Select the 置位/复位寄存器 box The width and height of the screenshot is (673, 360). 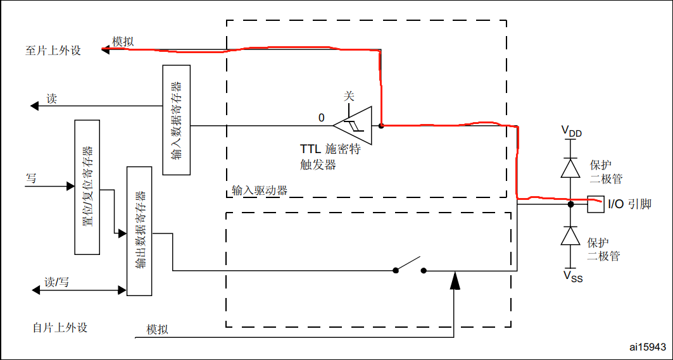pyautogui.click(x=87, y=187)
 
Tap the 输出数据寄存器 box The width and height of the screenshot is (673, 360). pyautogui.click(x=140, y=231)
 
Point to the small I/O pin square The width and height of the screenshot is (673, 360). pyautogui.click(x=595, y=204)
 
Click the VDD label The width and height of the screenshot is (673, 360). pyautogui.click(x=571, y=132)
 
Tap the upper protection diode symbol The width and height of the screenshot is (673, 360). pyautogui.click(x=571, y=168)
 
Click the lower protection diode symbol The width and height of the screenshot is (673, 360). pyautogui.click(x=571, y=236)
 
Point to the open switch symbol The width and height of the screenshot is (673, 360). pyautogui.click(x=410, y=264)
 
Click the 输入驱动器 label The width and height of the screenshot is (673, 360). pyautogui.click(x=260, y=190)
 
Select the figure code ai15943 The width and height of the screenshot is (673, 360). pyautogui.click(x=647, y=347)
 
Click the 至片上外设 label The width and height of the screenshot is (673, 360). pyautogui.click(x=53, y=51)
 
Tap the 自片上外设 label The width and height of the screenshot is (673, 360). pyautogui.click(x=60, y=328)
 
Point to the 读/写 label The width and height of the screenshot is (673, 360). pyautogui.click(x=56, y=282)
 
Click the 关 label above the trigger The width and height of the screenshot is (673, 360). pyautogui.click(x=349, y=96)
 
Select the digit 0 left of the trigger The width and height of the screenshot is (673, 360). pyautogui.click(x=321, y=118)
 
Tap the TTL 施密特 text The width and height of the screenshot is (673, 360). pyautogui.click(x=330, y=150)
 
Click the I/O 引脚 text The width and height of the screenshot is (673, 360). pyautogui.click(x=629, y=204)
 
